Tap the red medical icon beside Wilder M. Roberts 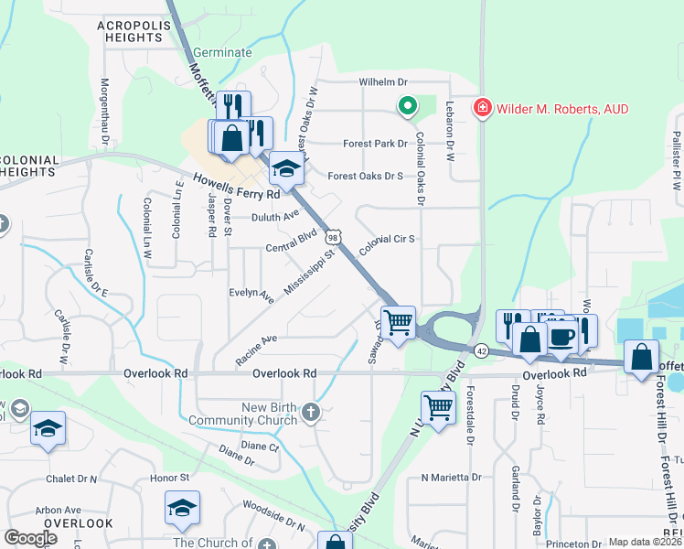pyautogui.click(x=481, y=109)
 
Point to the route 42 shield pyautogui.click(x=481, y=350)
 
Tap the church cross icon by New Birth pyautogui.click(x=311, y=413)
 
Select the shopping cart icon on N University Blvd pyautogui.click(x=438, y=405)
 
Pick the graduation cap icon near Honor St pyautogui.click(x=182, y=507)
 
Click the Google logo pyautogui.click(x=30, y=538)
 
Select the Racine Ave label pyautogui.click(x=255, y=350)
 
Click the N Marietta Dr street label pyautogui.click(x=451, y=478)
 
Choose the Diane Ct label pyautogui.click(x=260, y=447)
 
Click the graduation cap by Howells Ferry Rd pyautogui.click(x=286, y=168)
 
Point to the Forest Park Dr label pyautogui.click(x=375, y=144)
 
